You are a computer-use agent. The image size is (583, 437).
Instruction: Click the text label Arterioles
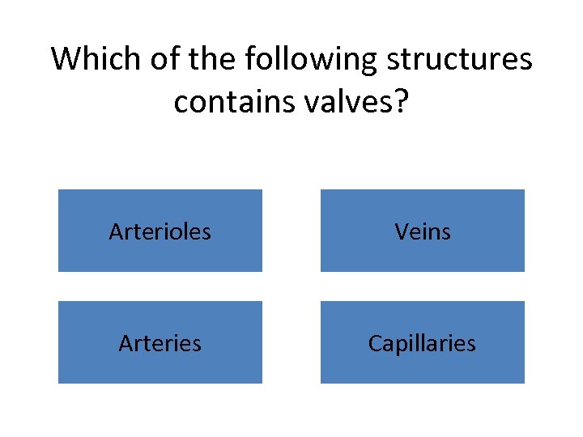pyautogui.click(x=160, y=232)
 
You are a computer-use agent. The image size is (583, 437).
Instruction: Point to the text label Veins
pyautogui.click(x=423, y=232)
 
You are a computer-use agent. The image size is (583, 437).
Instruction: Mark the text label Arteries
pyautogui.click(x=160, y=343)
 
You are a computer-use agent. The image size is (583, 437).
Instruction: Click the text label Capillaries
pyautogui.click(x=422, y=344)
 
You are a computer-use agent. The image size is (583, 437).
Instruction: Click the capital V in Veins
pyautogui.click(x=401, y=232)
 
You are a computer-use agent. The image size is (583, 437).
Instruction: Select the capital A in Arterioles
pyautogui.click(x=116, y=232)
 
